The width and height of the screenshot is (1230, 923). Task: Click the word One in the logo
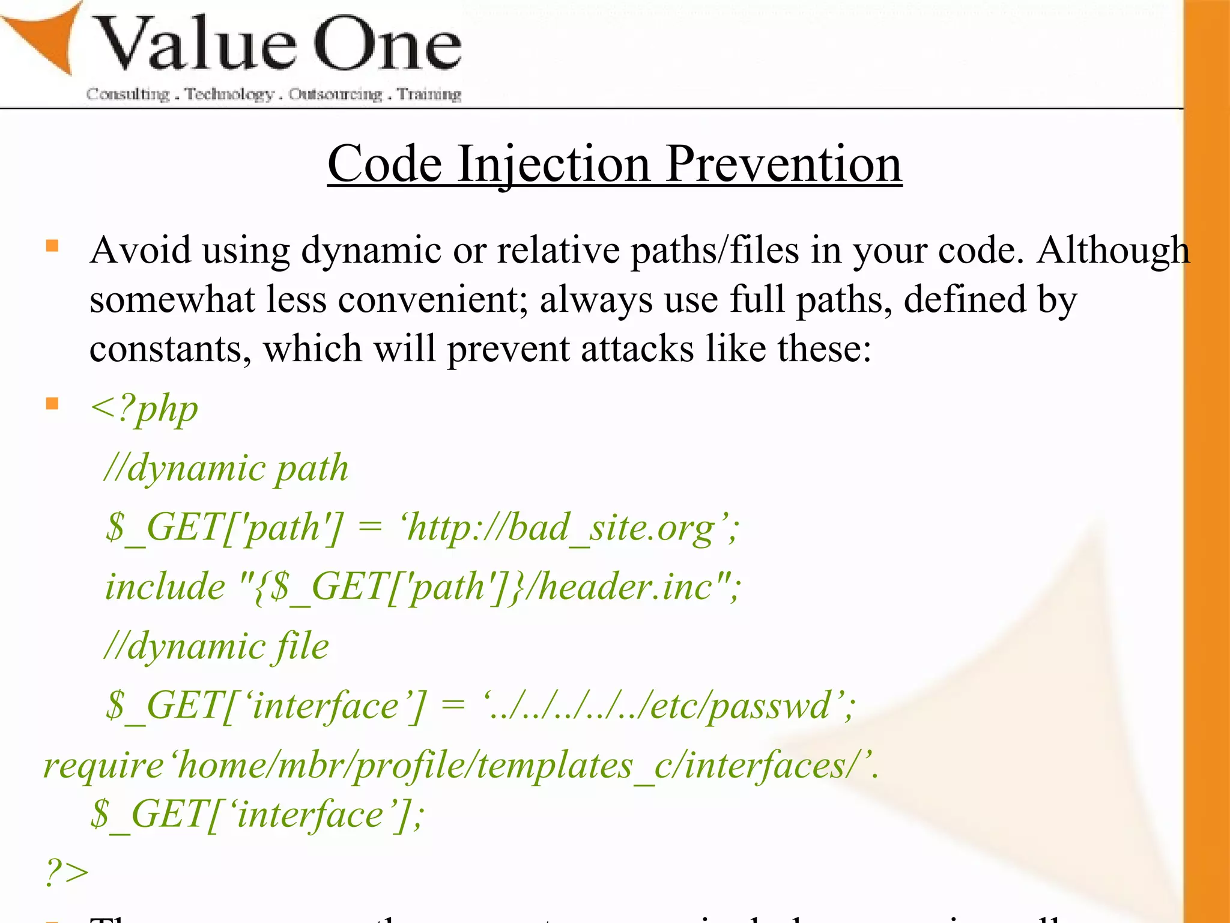pos(387,45)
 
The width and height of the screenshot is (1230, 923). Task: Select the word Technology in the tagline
pos(229,94)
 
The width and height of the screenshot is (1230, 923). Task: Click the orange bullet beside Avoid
pos(53,246)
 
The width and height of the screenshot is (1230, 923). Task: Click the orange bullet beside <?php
pos(53,403)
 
